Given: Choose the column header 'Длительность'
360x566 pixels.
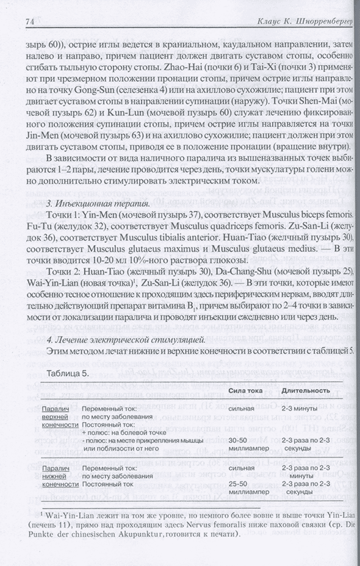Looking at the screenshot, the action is tap(307, 390).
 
